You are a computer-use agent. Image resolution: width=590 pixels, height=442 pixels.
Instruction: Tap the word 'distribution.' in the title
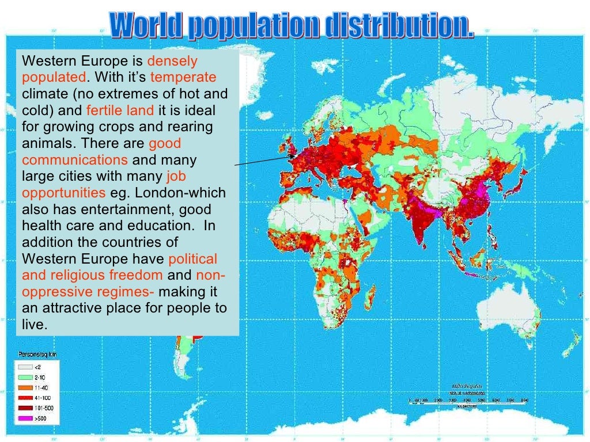[398, 26]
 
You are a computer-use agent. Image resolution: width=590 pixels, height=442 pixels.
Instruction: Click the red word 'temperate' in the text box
[183, 77]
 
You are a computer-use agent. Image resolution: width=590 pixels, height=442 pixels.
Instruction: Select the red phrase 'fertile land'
[120, 110]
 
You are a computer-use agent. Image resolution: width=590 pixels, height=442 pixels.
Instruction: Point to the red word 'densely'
[173, 60]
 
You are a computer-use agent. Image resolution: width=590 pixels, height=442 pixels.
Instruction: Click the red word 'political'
[192, 259]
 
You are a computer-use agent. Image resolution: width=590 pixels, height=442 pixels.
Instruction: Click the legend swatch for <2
[24, 366]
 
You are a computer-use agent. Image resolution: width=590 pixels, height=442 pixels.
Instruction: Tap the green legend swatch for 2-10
[24, 376]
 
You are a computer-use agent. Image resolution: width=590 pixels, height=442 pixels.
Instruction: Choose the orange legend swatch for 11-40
[24, 386]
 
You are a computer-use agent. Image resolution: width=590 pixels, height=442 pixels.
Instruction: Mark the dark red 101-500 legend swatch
[24, 407]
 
